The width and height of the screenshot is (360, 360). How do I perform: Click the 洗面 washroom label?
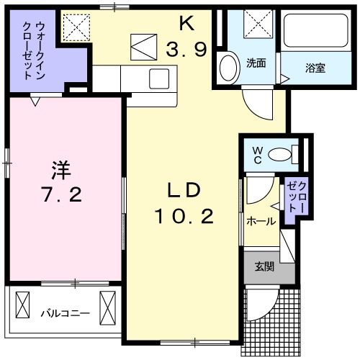click(x=256, y=63)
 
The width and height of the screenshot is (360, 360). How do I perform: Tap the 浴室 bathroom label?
click(x=314, y=69)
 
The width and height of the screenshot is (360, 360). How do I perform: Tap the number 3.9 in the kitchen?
click(x=189, y=50)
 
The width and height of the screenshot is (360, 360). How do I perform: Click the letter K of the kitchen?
click(x=186, y=24)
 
